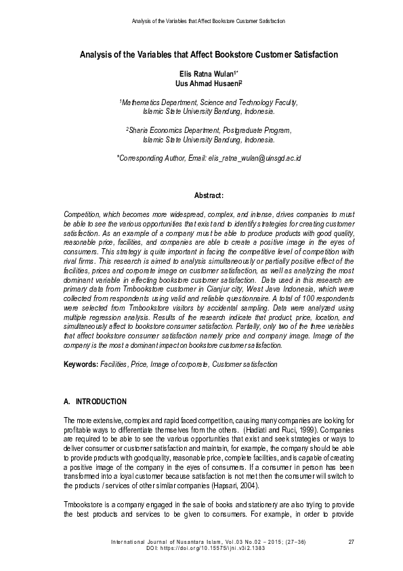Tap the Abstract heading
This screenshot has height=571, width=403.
point(209,196)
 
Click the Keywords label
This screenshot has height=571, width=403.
point(80,364)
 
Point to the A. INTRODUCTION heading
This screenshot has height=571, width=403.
point(94,402)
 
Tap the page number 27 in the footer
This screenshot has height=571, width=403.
point(351,540)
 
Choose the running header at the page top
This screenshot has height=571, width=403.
point(208,21)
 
